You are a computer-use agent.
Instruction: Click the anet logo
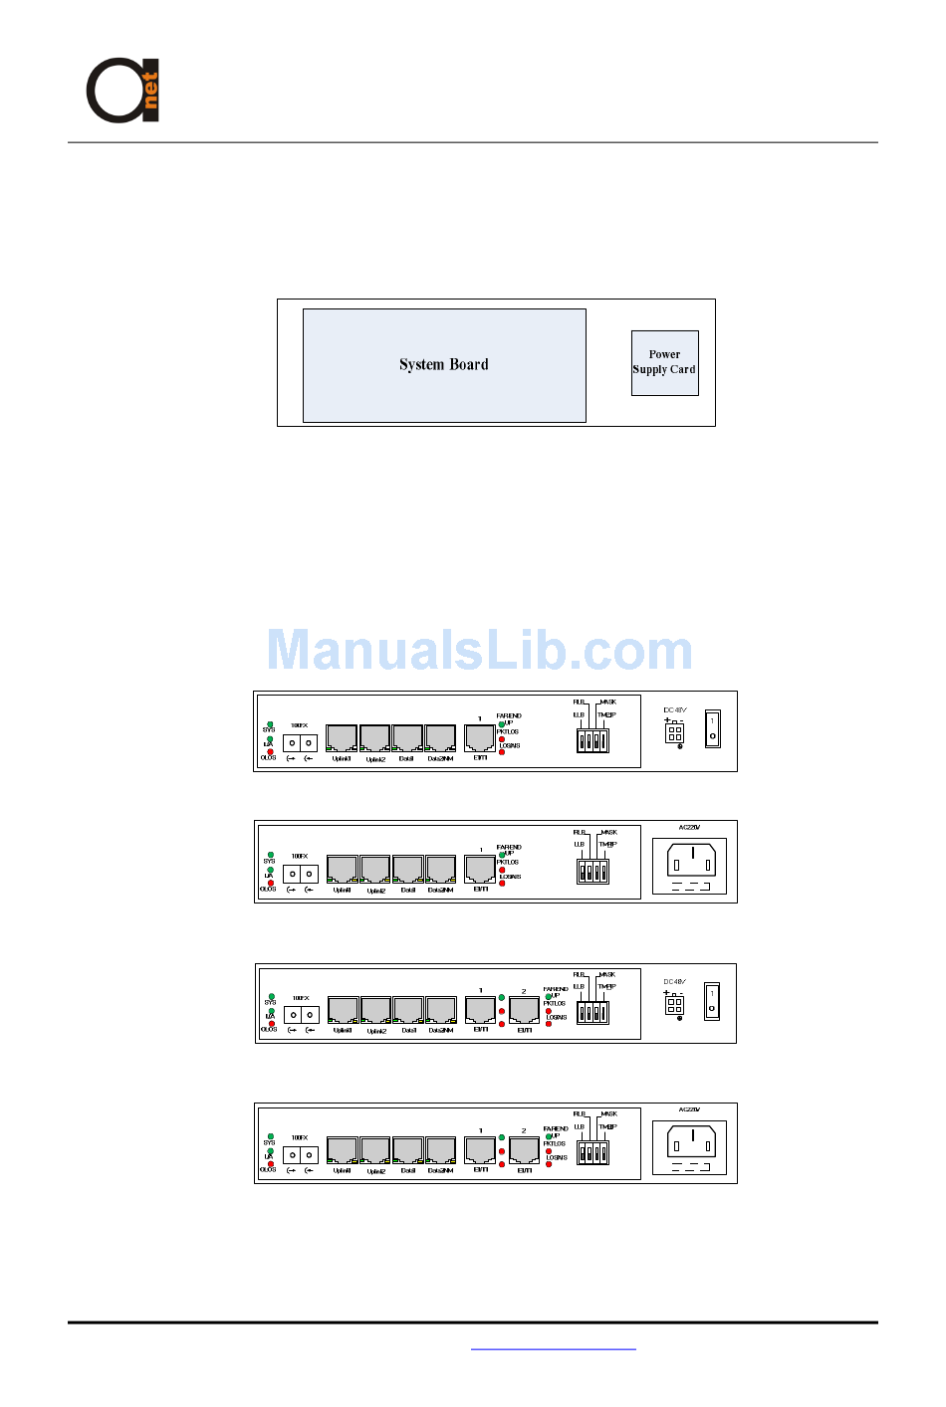[122, 90]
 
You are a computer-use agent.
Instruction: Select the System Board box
[444, 365]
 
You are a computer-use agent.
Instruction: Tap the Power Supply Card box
[664, 362]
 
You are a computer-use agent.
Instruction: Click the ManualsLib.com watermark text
[479, 651]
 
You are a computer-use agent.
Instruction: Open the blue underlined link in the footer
[553, 1349]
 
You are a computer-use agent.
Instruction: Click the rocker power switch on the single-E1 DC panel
[712, 728]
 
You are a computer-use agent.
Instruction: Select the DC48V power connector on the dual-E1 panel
[674, 1004]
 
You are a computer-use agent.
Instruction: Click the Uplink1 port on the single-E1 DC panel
[342, 738]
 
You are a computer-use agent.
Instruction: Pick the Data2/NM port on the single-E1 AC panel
[440, 869]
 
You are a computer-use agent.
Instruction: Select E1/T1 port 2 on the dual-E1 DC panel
[524, 1010]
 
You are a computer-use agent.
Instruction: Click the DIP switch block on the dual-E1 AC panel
[592, 1152]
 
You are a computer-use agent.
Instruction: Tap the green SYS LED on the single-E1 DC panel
[270, 723]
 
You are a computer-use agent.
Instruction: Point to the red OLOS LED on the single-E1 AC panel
[270, 883]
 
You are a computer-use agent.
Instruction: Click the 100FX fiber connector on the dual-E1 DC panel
[301, 1015]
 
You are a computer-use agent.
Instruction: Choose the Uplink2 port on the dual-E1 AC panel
[374, 1150]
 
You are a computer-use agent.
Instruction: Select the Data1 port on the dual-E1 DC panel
[408, 1010]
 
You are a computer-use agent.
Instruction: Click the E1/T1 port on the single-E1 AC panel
[480, 869]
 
